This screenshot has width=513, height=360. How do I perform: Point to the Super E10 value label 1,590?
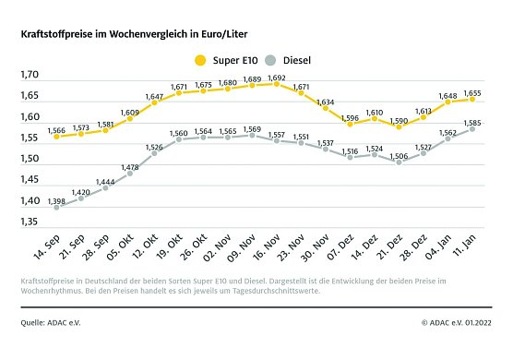point(396,119)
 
